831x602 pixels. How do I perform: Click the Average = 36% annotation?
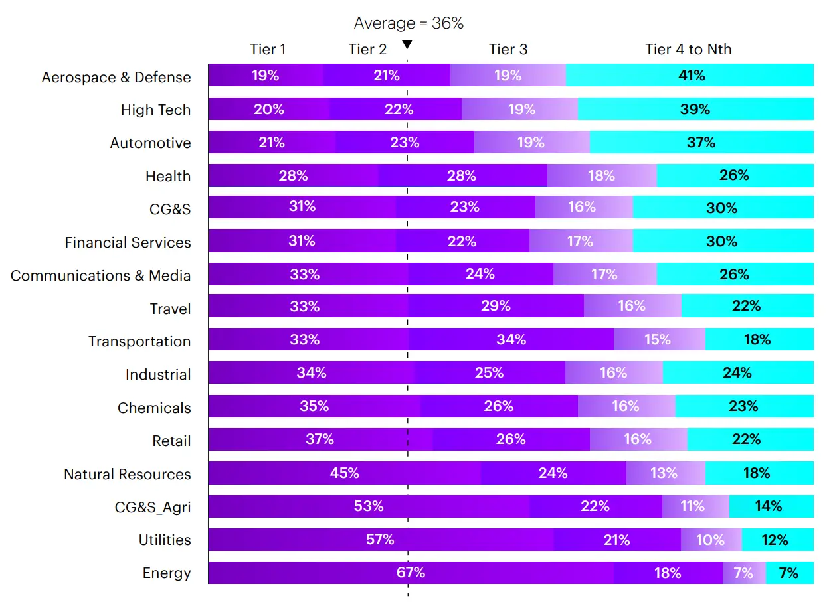point(409,23)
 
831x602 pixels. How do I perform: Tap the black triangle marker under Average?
point(407,44)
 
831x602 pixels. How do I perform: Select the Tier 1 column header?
point(268,49)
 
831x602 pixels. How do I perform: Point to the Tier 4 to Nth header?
point(688,49)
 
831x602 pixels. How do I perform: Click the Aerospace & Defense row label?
point(116,77)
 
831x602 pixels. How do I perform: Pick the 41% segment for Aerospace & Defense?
point(690,75)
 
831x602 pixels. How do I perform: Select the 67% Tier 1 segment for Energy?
point(411,573)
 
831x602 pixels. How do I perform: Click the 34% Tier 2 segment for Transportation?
point(511,340)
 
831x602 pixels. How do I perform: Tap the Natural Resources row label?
point(127,474)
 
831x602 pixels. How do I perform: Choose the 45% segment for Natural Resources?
point(344,473)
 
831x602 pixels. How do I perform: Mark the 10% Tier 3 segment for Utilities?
point(710,540)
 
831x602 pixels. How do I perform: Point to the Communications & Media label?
point(100,275)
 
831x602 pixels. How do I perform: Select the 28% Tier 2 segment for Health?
point(462,175)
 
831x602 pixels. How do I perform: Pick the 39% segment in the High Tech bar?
point(695,109)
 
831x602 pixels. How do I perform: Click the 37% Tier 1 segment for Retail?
point(320,439)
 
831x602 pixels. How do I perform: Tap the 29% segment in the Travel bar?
point(496,306)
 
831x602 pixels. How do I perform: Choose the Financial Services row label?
point(128,242)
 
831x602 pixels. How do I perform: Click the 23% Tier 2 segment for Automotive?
point(405,142)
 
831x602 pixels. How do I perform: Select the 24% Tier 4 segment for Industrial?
point(737,373)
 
